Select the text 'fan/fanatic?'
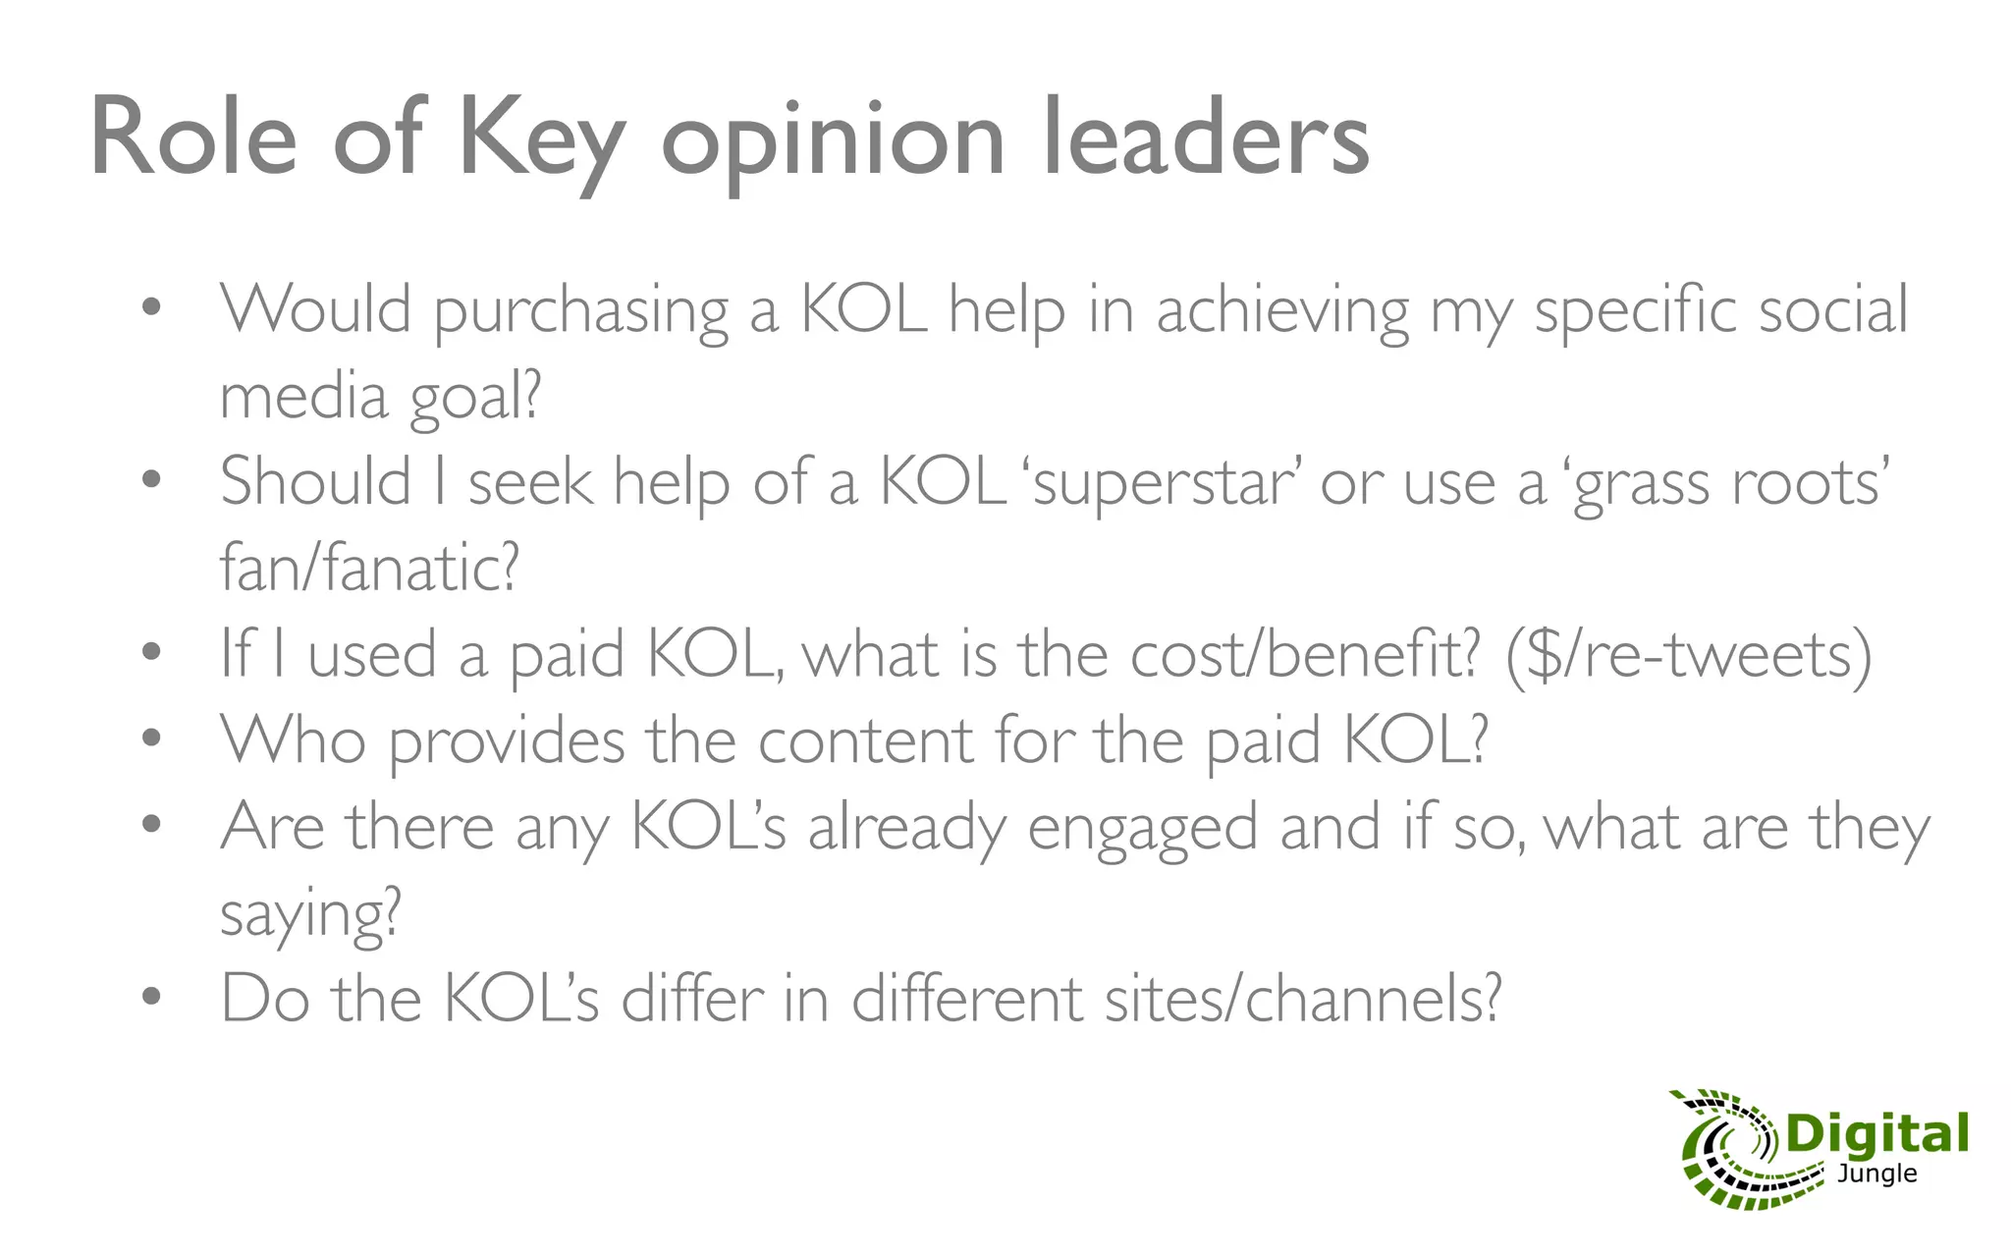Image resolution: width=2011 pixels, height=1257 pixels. (x=368, y=568)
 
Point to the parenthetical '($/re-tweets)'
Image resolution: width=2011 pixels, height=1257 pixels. (x=1689, y=656)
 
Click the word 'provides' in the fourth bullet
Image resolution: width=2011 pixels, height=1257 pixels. (x=507, y=740)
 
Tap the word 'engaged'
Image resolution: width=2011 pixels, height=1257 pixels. (x=1142, y=828)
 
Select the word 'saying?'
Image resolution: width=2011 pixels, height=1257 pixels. (x=310, y=914)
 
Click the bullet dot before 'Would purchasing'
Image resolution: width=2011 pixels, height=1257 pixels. (x=150, y=308)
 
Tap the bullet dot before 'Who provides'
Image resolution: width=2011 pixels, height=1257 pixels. (x=150, y=738)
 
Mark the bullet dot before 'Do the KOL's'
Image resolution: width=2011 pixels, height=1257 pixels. (x=150, y=997)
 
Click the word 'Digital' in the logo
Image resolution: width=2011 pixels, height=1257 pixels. (x=1876, y=1134)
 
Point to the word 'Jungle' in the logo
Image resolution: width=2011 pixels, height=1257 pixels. (x=1876, y=1174)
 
